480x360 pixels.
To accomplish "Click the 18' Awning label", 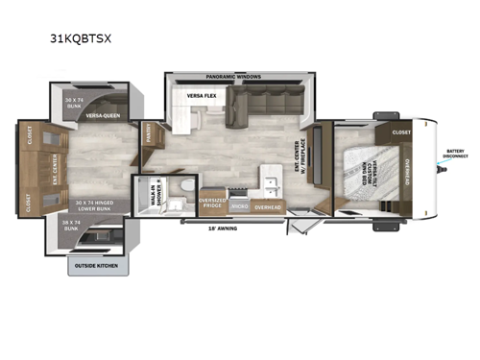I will tap(224, 228).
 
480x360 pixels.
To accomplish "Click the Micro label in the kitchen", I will tap(241, 205).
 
